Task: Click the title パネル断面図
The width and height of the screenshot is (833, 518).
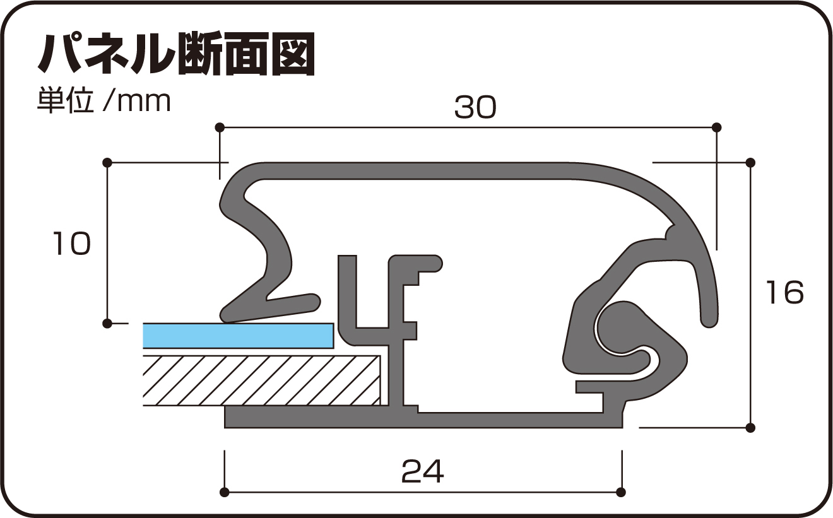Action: [x=176, y=56]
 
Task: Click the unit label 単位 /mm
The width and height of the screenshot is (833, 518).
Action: [x=103, y=101]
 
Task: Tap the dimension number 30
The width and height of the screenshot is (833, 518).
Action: [x=475, y=109]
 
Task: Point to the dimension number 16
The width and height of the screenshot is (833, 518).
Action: [x=785, y=293]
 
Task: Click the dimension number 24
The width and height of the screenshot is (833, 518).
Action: [x=422, y=471]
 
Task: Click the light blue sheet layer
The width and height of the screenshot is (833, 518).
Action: [x=238, y=335]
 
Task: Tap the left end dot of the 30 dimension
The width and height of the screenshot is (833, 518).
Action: [x=220, y=127]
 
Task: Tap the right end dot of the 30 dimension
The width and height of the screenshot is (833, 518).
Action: [x=716, y=127]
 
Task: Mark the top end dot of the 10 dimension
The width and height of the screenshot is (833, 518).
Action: [x=107, y=163]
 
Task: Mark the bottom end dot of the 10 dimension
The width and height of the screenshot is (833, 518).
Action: [x=107, y=324]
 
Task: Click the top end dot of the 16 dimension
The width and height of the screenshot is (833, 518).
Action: [x=750, y=163]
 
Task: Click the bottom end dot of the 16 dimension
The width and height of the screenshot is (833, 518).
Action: [x=750, y=427]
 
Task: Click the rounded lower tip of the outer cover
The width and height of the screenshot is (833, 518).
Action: [x=709, y=319]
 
